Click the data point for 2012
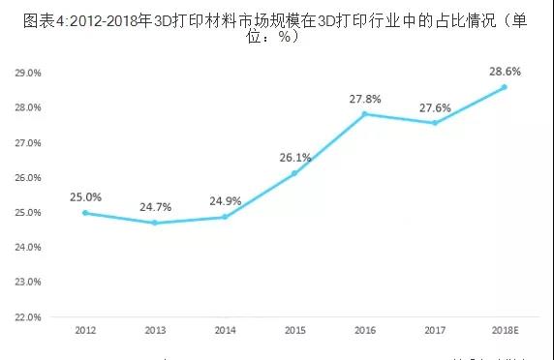tap(85, 212)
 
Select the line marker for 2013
tap(155, 223)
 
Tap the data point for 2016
tap(364, 114)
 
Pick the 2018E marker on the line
tap(504, 87)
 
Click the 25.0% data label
tap(85, 196)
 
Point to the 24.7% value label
tap(155, 207)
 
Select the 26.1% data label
tap(294, 158)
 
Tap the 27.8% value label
tap(364, 99)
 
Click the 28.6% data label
tap(504, 72)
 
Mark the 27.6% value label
tap(434, 106)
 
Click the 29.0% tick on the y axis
tap(29, 73)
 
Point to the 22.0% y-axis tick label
tap(29, 316)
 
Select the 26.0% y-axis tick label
tap(29, 177)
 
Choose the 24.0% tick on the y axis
tap(29, 247)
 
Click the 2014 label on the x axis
tap(225, 331)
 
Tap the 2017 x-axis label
tap(434, 331)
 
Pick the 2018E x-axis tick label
tap(504, 331)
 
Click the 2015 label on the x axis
tap(294, 331)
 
